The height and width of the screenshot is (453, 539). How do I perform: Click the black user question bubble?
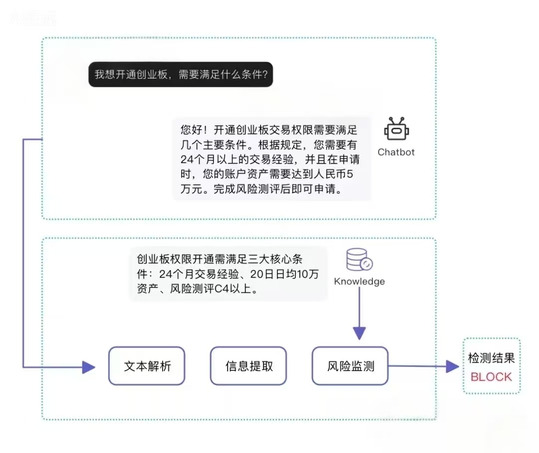(181, 74)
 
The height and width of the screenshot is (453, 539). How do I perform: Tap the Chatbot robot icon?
(396, 130)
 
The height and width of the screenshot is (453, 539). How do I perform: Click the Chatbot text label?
(396, 152)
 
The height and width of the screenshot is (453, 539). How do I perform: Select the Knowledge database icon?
(359, 260)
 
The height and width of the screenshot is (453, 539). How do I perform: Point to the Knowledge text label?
(359, 281)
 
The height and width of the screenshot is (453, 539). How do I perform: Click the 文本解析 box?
(147, 366)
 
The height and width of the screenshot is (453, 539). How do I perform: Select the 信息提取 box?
(249, 366)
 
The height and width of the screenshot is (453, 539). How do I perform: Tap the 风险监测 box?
(350, 366)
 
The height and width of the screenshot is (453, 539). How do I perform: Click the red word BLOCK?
(491, 377)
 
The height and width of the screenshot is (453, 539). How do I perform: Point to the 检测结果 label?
(491, 358)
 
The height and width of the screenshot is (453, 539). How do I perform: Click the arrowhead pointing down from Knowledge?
(359, 333)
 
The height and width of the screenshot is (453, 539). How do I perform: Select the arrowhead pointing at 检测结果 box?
(452, 367)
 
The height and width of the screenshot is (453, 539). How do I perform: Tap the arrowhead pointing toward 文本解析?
(89, 367)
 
